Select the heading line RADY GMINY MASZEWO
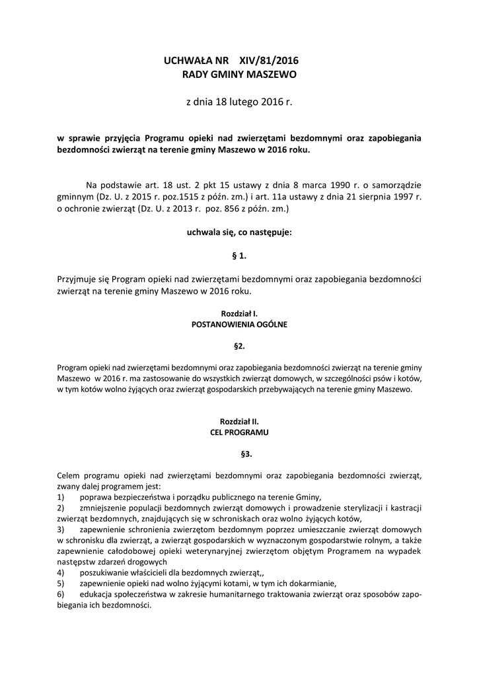tap(239, 75)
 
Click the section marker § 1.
tap(239, 255)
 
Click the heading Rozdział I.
tap(239, 314)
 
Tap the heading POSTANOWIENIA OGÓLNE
tap(239, 325)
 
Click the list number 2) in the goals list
tap(61, 508)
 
